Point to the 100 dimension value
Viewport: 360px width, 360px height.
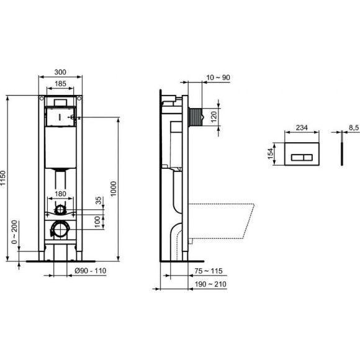(x=97, y=221)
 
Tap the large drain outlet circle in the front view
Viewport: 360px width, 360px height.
(x=61, y=229)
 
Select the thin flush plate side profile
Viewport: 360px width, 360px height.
(x=341, y=153)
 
